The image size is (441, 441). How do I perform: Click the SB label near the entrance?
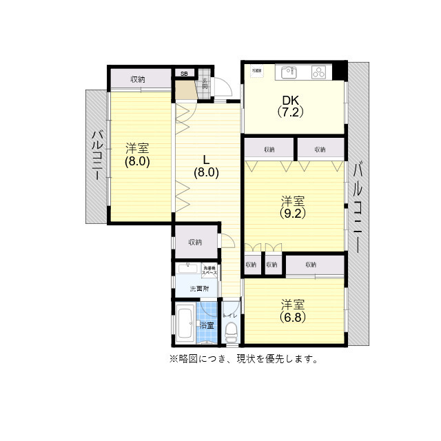coord(184,73)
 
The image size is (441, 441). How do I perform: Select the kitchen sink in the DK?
coord(287,72)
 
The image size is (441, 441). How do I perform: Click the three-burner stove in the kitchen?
coord(319,72)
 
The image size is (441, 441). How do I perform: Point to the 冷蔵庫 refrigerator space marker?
coord(256,70)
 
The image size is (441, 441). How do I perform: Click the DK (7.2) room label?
coord(291,105)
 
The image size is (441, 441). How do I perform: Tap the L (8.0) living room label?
coord(206,166)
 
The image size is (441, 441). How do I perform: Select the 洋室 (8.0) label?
coord(137,155)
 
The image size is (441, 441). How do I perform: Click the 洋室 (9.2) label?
coord(292,207)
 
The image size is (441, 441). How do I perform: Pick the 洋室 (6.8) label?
coord(292,311)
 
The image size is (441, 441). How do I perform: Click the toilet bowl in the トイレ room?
coord(232,334)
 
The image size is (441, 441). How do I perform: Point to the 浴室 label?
coord(207,325)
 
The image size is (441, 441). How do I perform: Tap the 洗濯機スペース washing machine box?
coord(209,271)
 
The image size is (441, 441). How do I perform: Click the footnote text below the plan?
coord(243,359)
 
